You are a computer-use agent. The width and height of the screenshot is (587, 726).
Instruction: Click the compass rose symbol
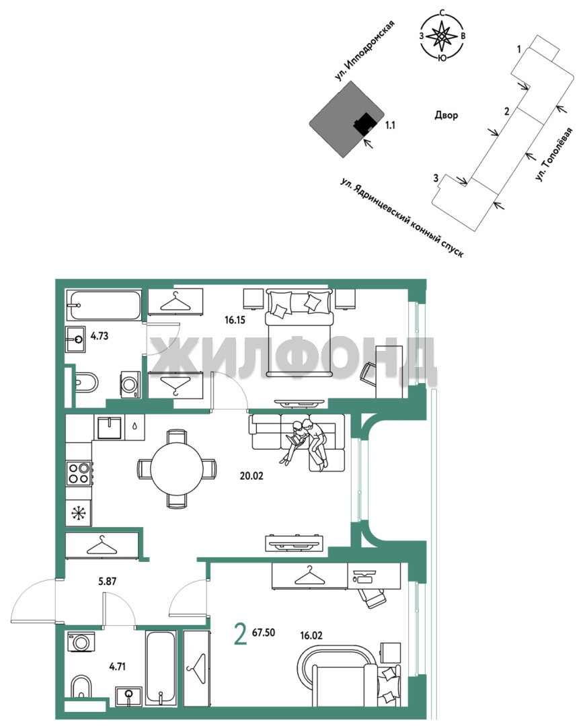coord(442,36)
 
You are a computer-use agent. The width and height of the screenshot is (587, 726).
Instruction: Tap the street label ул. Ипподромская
coord(365,50)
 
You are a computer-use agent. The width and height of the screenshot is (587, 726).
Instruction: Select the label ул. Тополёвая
coord(553,155)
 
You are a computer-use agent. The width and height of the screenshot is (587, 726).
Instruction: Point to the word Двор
coord(446,115)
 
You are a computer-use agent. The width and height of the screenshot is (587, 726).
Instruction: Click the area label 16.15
coord(235,320)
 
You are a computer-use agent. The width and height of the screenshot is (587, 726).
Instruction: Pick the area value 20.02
coord(251,475)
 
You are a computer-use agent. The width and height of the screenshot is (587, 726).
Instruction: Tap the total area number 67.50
coord(263,633)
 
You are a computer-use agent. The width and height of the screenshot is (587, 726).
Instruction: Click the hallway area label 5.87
coord(107,581)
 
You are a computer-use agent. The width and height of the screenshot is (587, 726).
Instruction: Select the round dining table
coord(177,469)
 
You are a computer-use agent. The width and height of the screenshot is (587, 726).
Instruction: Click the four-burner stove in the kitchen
coord(79,473)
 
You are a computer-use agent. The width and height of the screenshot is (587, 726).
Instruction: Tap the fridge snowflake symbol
coord(78,513)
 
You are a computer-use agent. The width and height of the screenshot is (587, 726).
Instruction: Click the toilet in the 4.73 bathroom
coord(86,382)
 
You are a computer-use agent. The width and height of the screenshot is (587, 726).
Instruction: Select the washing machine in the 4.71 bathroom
coord(81,642)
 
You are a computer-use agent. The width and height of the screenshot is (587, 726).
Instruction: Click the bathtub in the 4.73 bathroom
coord(104,305)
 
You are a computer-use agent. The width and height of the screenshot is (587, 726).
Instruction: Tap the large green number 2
coord(241,635)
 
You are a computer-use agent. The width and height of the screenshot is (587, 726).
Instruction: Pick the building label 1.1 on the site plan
coord(390,125)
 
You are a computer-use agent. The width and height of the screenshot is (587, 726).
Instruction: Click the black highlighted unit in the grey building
coord(364,124)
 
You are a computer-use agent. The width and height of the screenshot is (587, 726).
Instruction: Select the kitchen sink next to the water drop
coord(110,427)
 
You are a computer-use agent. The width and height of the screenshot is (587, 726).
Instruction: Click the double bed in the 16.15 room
coord(299,333)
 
